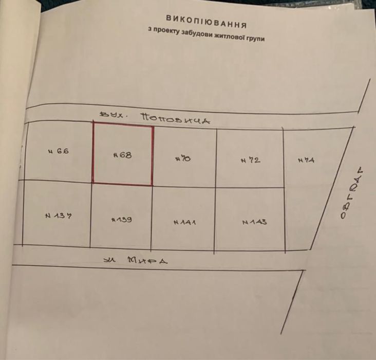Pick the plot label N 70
[x=183, y=159]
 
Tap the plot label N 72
[x=250, y=160]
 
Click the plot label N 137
[x=58, y=215]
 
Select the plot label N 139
[x=122, y=219]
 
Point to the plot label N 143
[x=254, y=222]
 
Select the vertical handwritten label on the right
[x=350, y=193]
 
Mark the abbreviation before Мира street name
[x=109, y=259]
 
